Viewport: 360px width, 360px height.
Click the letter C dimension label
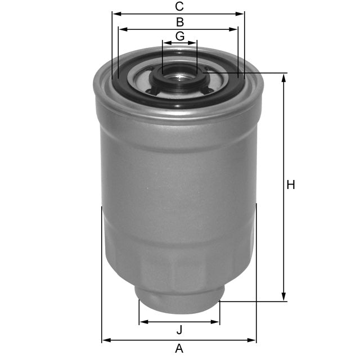[x=179, y=7]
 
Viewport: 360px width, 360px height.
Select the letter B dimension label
[x=179, y=22]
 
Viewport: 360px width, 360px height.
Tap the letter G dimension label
[x=179, y=36]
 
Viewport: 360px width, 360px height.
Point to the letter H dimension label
[x=291, y=185]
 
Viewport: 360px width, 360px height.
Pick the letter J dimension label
[x=179, y=330]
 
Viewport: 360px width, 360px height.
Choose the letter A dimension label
[x=179, y=349]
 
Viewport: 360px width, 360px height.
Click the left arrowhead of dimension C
[x=115, y=13]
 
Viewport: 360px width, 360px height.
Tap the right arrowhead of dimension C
[x=242, y=13]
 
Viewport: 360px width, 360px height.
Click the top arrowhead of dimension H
[x=284, y=77]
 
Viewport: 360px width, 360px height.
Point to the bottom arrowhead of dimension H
[x=284, y=298]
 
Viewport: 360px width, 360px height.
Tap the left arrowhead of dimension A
[x=105, y=340]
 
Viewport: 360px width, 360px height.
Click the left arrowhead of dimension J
[x=143, y=322]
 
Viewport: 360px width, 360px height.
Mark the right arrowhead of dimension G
[x=194, y=43]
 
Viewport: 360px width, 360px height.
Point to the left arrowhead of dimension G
[x=165, y=43]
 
